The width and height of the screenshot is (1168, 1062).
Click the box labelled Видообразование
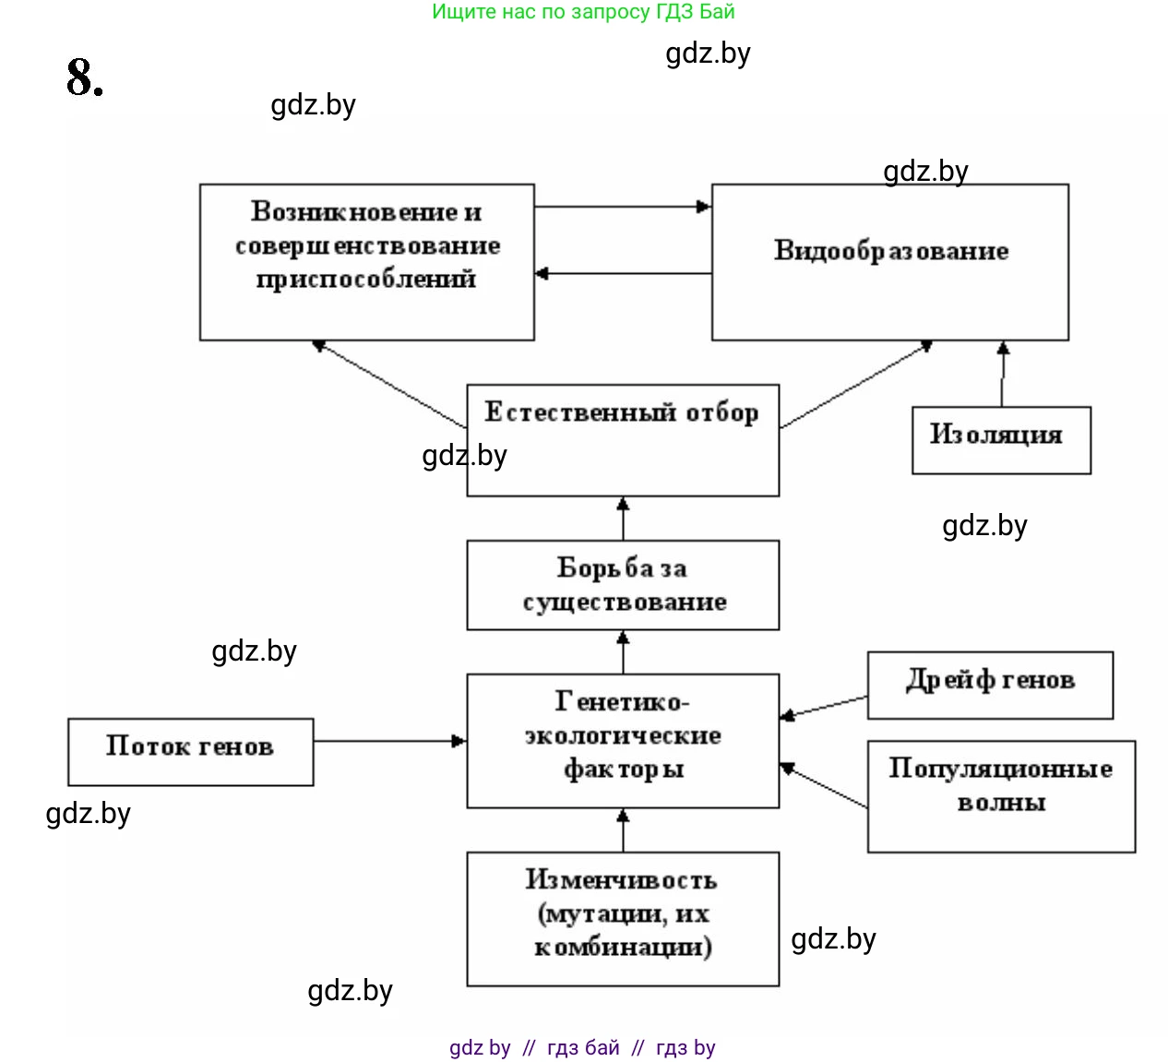click(889, 262)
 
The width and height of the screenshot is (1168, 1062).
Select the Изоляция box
click(1001, 440)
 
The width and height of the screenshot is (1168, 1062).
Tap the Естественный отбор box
click(623, 440)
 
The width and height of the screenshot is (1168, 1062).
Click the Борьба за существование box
click(623, 585)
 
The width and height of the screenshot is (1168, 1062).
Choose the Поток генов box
click(190, 751)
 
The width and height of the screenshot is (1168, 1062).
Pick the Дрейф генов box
click(990, 685)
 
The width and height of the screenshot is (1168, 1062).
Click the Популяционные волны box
click(1001, 795)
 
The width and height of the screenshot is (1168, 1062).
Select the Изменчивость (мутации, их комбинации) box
click(623, 918)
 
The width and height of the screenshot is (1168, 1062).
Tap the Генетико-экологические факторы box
click(623, 740)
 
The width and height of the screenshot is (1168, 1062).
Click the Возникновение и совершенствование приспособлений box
click(366, 262)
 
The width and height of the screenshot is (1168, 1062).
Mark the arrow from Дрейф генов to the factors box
click(824, 706)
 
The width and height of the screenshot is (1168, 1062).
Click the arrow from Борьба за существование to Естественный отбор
click(623, 519)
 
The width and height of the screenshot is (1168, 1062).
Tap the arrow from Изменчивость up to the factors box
click(623, 829)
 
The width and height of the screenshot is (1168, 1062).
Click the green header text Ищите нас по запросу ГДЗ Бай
click(583, 12)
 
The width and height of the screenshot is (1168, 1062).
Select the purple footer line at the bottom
click(582, 1047)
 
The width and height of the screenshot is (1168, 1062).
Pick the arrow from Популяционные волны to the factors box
click(824, 785)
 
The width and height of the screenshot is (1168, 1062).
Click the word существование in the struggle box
click(625, 603)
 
